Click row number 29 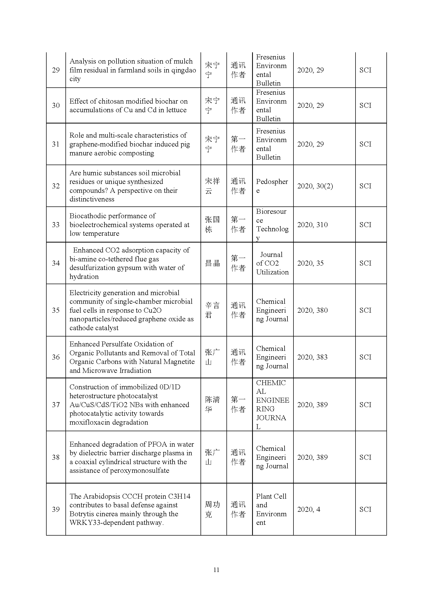pyautogui.click(x=56, y=70)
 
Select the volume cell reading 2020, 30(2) pyautogui.click(x=315, y=186)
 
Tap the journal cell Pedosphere pyautogui.click(x=272, y=186)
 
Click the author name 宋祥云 pyautogui.click(x=212, y=186)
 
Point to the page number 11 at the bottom pyautogui.click(x=216, y=570)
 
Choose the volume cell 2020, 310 pyautogui.click(x=312, y=225)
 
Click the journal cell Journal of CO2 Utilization pyautogui.click(x=272, y=263)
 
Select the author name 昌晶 pyautogui.click(x=212, y=263)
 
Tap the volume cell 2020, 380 pyautogui.click(x=312, y=310)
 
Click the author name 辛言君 pyautogui.click(x=212, y=310)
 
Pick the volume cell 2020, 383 pyautogui.click(x=312, y=357)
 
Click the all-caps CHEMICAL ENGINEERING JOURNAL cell pyautogui.click(x=272, y=405)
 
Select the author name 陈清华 pyautogui.click(x=212, y=405)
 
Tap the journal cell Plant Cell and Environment pyautogui.click(x=271, y=509)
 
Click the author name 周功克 pyautogui.click(x=212, y=509)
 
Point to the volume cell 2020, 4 pyautogui.click(x=308, y=509)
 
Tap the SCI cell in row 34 pyautogui.click(x=365, y=263)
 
